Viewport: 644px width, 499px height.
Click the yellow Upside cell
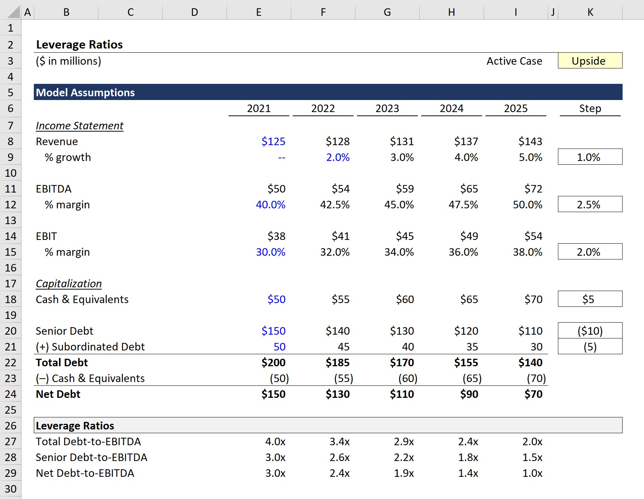point(590,61)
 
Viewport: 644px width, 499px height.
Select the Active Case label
point(514,61)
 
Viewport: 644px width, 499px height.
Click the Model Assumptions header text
point(85,93)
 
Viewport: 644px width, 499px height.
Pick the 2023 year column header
point(387,108)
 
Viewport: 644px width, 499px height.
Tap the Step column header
point(590,108)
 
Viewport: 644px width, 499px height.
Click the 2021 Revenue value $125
point(273,141)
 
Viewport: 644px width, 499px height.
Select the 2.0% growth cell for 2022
point(337,157)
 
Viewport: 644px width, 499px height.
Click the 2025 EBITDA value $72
point(533,189)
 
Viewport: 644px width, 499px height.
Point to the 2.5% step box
point(590,205)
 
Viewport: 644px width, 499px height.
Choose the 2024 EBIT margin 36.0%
point(463,252)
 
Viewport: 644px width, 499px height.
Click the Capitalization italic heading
point(69,284)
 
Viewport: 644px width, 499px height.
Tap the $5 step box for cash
point(590,299)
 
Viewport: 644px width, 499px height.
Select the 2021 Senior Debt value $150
point(273,331)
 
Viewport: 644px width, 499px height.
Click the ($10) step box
point(590,331)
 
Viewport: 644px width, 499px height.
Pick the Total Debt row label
point(62,362)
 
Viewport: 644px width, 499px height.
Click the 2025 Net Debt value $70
point(533,394)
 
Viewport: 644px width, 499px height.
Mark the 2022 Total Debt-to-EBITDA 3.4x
point(339,441)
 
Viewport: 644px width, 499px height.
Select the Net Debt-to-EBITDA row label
point(85,473)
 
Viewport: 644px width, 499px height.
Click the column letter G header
point(387,12)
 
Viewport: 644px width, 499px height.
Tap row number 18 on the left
point(11,299)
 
